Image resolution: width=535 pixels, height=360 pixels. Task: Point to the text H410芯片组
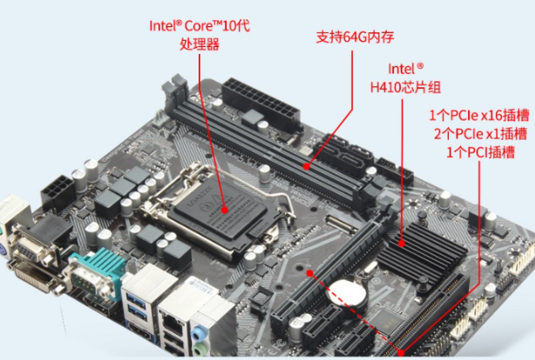tap(406, 86)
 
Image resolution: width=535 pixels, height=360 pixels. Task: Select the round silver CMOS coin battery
tap(346, 293)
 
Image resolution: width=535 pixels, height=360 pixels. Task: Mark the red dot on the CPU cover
tap(226, 209)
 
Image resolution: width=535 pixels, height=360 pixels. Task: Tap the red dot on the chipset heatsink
tap(402, 246)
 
